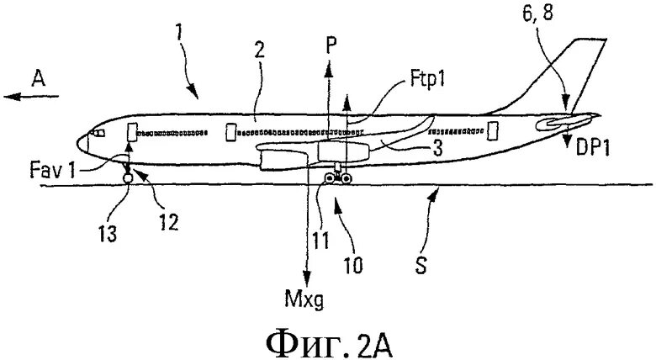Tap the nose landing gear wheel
(x=127, y=177)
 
